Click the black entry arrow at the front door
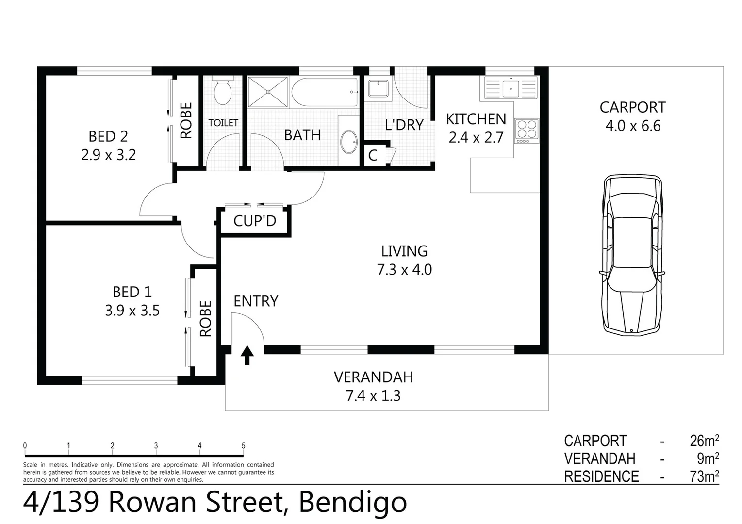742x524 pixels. point(247,355)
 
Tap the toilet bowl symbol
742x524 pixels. point(223,92)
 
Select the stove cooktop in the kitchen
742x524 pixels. point(527,130)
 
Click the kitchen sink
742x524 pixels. point(511,89)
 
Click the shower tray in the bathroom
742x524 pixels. point(268,91)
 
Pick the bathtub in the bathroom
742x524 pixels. point(325,92)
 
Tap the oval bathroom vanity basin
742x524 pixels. point(348,142)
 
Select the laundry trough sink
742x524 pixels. point(378,89)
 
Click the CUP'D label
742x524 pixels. point(255,221)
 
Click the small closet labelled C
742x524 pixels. point(373,155)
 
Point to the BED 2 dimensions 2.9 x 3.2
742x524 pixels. point(108,155)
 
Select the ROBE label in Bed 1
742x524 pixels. point(205,318)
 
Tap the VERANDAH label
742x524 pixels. point(373,377)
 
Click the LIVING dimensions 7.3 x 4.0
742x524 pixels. point(404,269)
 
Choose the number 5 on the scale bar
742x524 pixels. point(243,446)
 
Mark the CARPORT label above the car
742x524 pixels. point(632,107)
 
